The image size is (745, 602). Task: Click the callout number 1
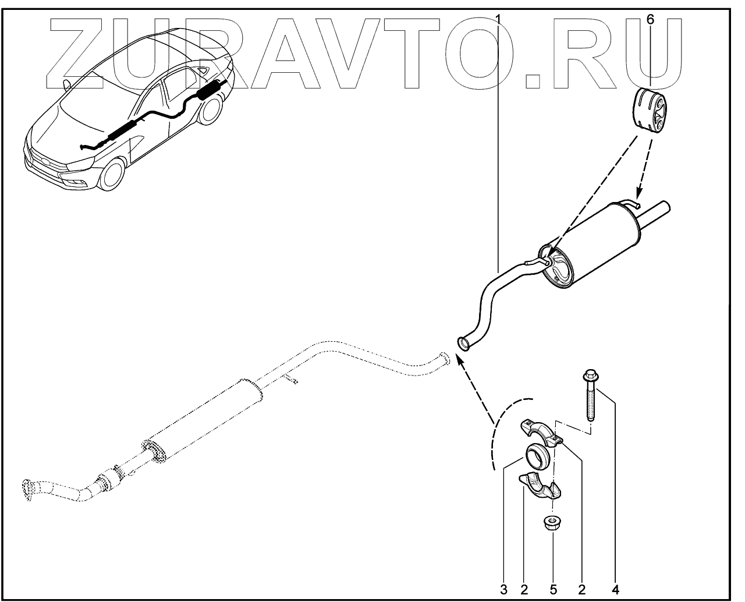498,19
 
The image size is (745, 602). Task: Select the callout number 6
650,19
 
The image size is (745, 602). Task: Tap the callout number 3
504,589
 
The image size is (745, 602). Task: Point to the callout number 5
553,589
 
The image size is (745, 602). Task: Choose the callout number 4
615,589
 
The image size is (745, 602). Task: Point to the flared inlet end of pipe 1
464,342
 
